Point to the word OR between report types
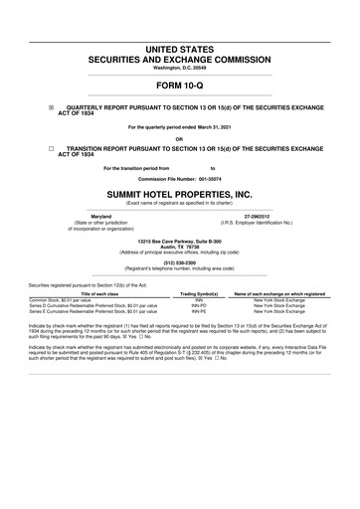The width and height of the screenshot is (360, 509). coord(180,137)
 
